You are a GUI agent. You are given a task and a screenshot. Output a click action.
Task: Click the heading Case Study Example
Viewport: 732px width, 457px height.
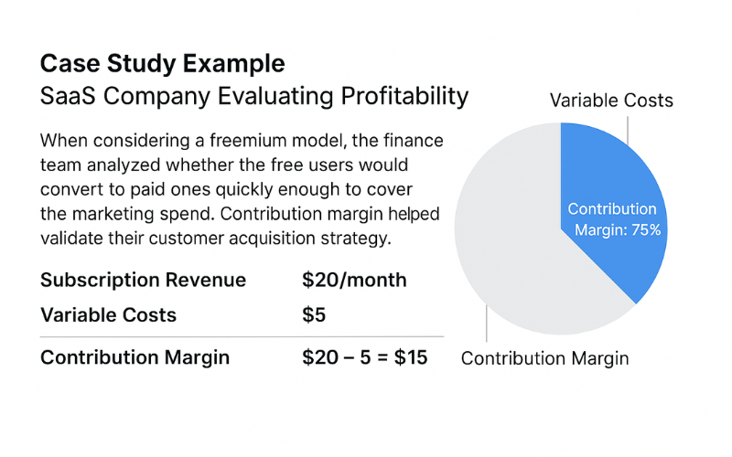click(x=163, y=64)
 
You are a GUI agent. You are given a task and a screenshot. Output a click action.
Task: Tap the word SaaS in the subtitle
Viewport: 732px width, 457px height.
click(x=68, y=96)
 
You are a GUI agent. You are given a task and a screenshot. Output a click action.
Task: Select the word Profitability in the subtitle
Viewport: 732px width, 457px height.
click(x=404, y=97)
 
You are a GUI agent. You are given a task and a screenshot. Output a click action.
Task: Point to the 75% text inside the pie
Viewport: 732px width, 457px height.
click(x=646, y=230)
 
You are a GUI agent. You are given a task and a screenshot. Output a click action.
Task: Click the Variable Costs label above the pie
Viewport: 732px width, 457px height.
click(x=611, y=101)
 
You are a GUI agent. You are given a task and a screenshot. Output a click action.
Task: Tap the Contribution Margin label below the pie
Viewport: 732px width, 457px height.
click(x=544, y=358)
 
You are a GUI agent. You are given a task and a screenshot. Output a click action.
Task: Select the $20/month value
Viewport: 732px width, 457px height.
click(x=354, y=280)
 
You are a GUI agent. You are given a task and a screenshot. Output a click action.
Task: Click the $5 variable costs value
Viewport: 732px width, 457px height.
click(x=314, y=314)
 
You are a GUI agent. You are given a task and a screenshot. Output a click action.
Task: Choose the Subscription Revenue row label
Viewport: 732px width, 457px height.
click(x=143, y=280)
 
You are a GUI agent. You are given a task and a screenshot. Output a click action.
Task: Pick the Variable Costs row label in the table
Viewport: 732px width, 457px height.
click(x=108, y=314)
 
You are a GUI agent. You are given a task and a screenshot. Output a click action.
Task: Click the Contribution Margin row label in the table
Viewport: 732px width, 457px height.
click(x=135, y=357)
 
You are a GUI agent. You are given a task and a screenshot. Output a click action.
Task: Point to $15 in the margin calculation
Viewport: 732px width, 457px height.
click(x=411, y=357)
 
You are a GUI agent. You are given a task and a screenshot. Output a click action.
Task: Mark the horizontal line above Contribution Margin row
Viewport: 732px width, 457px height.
click(x=242, y=336)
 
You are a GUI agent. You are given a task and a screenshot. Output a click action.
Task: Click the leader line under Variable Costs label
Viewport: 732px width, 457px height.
click(x=628, y=131)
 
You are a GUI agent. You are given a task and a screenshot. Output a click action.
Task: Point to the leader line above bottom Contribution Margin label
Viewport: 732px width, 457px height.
click(x=487, y=324)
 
